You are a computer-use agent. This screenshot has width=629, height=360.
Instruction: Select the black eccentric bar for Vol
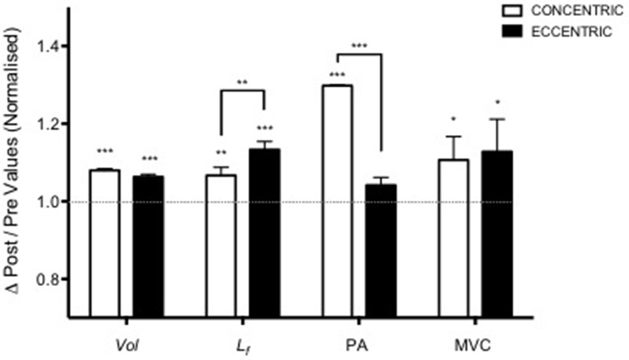(x=148, y=246)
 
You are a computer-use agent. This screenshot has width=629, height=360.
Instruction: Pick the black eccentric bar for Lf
(x=264, y=232)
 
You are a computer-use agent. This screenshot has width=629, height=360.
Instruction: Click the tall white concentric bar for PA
(x=337, y=200)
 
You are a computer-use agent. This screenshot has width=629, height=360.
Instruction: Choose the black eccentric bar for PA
(x=380, y=250)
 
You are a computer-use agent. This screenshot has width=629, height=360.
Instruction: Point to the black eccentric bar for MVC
(x=497, y=234)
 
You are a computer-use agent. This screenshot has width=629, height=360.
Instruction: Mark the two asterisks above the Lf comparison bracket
(x=242, y=83)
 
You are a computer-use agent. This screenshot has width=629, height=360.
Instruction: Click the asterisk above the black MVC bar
(x=497, y=104)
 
